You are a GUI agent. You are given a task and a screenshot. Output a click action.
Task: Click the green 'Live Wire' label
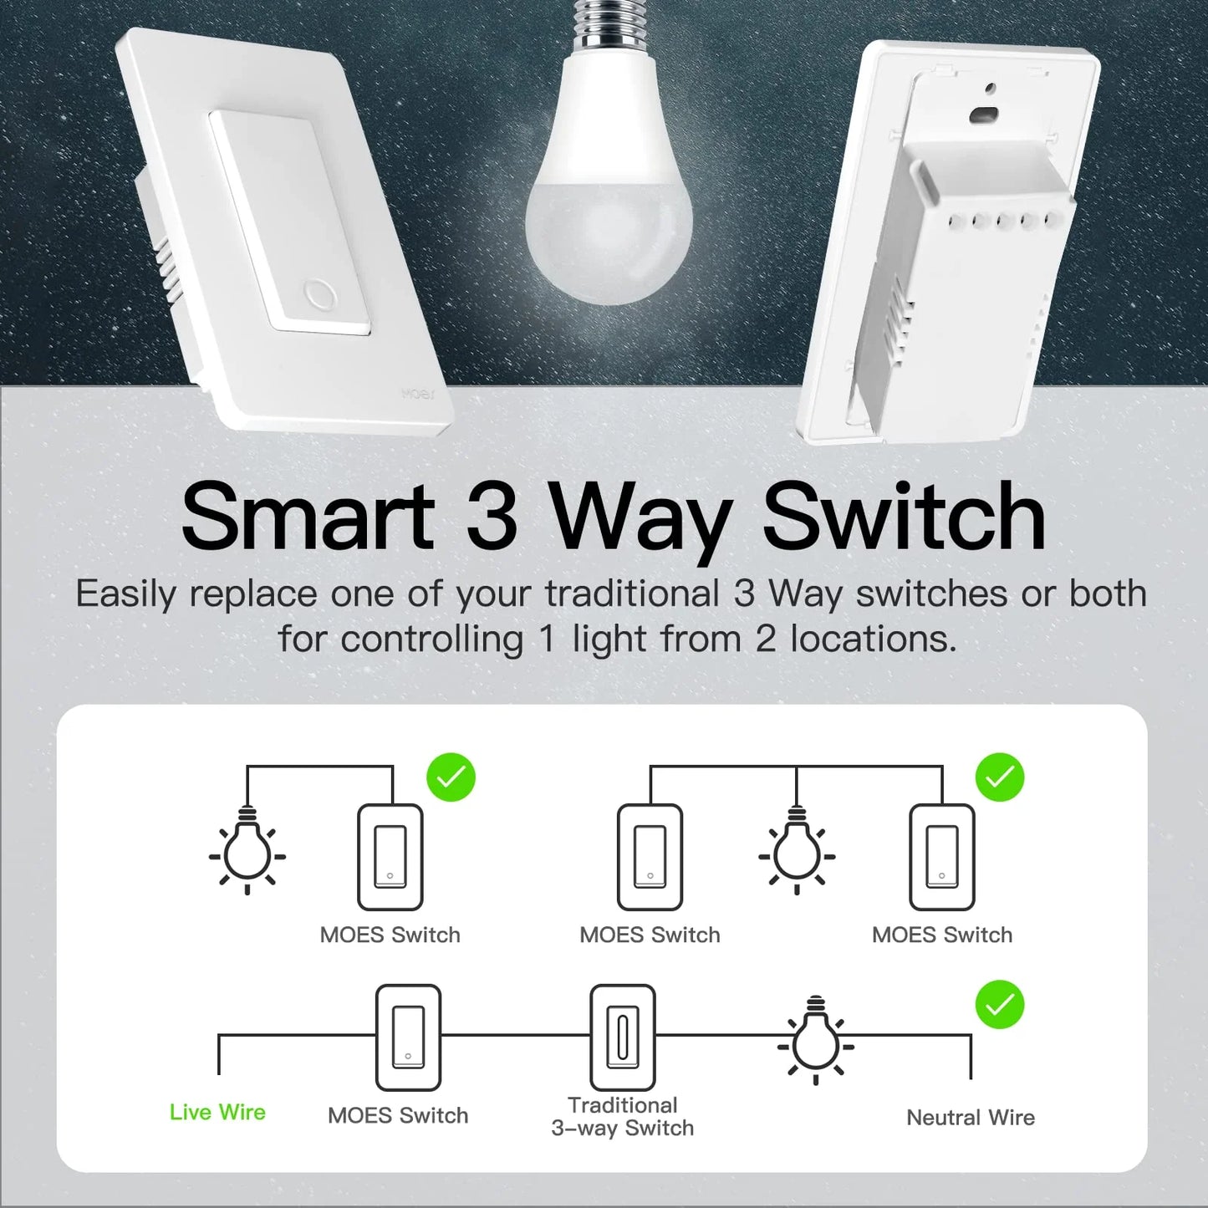point(217,1112)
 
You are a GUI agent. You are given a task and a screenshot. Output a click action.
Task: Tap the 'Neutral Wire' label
point(970,1118)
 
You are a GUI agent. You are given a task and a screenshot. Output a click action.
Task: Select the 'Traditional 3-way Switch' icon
point(622,1037)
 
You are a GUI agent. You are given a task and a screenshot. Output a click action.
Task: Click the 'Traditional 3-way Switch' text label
point(622,1117)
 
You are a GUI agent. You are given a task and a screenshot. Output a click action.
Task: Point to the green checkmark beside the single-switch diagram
point(451,777)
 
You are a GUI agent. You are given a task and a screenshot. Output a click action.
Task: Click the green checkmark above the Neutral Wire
point(999,1004)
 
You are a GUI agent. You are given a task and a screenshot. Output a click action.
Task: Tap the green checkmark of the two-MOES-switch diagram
point(999,777)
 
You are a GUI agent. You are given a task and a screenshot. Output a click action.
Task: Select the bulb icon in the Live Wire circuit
point(816,1042)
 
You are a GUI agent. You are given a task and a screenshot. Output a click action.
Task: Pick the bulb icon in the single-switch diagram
point(247,853)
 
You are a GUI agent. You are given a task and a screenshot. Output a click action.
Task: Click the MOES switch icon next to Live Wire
point(408,1037)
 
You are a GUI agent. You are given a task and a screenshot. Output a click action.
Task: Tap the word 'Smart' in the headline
point(308,517)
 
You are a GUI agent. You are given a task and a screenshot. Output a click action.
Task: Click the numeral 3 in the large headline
point(492,517)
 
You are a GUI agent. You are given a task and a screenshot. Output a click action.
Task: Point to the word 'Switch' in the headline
point(904,517)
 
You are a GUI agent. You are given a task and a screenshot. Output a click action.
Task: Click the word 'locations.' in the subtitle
point(873,640)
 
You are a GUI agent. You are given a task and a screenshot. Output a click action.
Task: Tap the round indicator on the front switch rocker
point(319,295)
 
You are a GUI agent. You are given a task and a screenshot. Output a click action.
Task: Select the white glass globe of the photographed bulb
point(609,209)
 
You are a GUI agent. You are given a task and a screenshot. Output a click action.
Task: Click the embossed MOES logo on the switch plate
point(418,394)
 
